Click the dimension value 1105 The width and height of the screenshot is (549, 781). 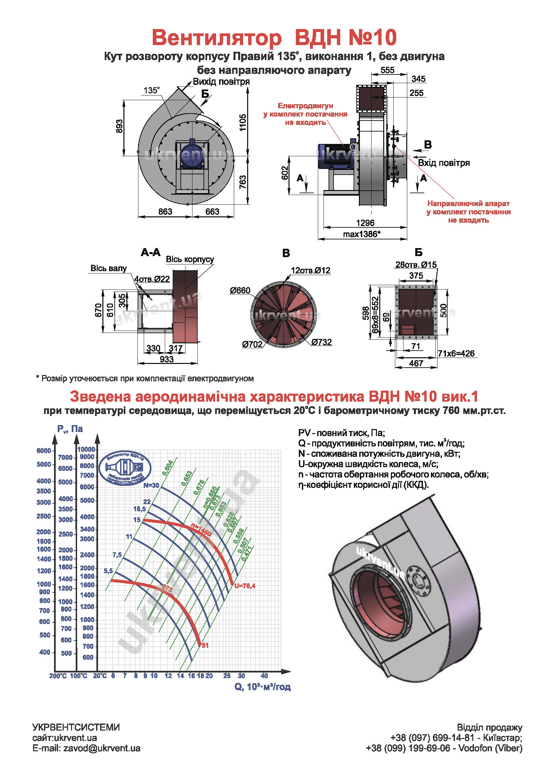click(242, 123)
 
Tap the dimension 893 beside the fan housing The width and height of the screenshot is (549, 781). click(119, 126)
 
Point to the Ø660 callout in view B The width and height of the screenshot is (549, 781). click(240, 290)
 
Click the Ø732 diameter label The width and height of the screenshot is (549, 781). click(322, 342)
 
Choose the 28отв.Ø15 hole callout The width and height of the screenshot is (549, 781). click(416, 265)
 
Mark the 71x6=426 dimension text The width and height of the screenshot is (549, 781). click(456, 353)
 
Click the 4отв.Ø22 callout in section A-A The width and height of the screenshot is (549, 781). click(152, 279)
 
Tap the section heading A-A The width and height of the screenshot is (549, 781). click(150, 252)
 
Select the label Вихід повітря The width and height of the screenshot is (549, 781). click(221, 81)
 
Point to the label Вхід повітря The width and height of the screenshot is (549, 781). click(444, 163)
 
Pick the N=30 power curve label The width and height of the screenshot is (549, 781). click(151, 485)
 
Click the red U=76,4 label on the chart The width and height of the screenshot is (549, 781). click(244, 586)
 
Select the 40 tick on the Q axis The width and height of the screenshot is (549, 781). click(264, 675)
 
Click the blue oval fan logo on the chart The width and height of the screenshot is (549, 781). click(125, 468)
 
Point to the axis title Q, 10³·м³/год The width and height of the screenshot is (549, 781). click(262, 687)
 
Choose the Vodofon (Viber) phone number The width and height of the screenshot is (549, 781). click(443, 748)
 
